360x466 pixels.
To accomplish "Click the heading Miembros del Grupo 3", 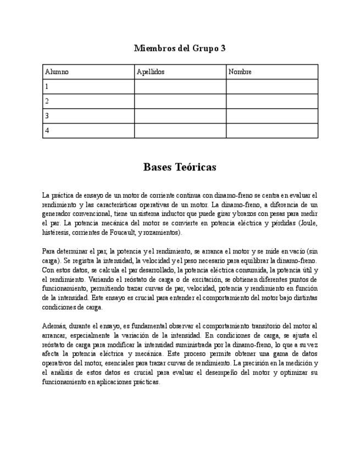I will pyautogui.click(x=180, y=48).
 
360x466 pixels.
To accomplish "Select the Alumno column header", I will pyautogui.click(x=57, y=72).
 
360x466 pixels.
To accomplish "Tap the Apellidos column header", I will pyautogui.click(x=151, y=72).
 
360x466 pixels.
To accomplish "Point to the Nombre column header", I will pyautogui.click(x=240, y=72).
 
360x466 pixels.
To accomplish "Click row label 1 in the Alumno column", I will pyautogui.click(x=47, y=87).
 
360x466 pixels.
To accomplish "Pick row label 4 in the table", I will pyautogui.click(x=47, y=131).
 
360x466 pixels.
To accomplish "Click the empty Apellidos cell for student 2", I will pyautogui.click(x=180, y=101).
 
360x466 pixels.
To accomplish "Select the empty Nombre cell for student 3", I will pyautogui.click(x=272, y=116).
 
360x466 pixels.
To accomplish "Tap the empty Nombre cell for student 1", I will pyautogui.click(x=272, y=87).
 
